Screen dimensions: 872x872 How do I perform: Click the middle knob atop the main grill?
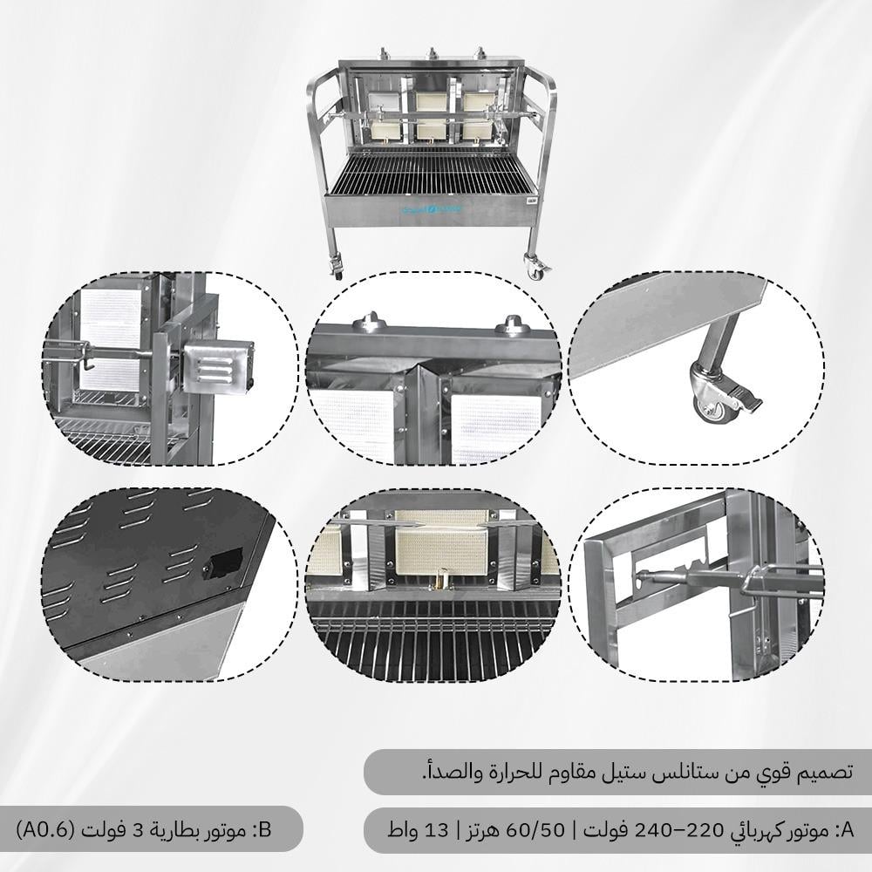(x=432, y=54)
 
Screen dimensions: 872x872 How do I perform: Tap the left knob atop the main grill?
(x=383, y=54)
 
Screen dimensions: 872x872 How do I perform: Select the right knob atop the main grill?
(x=479, y=54)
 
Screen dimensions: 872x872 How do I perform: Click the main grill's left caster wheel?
(x=337, y=267)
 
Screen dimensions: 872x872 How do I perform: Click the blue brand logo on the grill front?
(x=432, y=209)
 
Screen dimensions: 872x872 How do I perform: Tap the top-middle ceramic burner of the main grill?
(x=432, y=100)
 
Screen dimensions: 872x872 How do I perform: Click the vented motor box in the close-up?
(x=218, y=368)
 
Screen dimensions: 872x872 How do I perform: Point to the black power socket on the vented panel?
(x=222, y=562)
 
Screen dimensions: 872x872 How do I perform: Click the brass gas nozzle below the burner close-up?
(x=443, y=580)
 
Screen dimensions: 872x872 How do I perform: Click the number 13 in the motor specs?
(x=436, y=830)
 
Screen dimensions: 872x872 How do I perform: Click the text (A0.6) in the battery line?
(x=45, y=830)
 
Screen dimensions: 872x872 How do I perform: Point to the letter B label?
(x=265, y=830)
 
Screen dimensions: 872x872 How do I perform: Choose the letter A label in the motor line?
(x=847, y=830)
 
